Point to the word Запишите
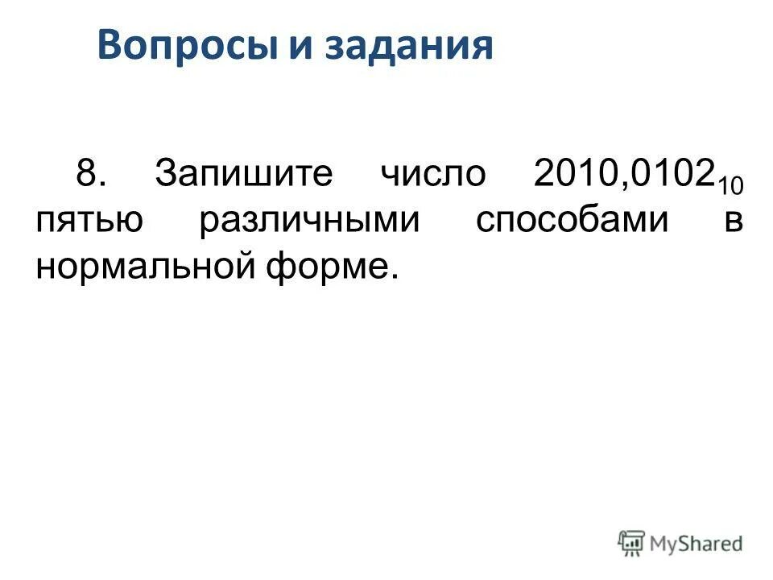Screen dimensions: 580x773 (x=243, y=174)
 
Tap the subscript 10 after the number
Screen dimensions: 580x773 (x=730, y=186)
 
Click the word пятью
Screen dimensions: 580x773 (x=90, y=220)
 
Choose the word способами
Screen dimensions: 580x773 (x=572, y=220)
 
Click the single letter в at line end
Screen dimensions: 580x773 (x=734, y=220)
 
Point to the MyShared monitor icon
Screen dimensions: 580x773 (x=632, y=543)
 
